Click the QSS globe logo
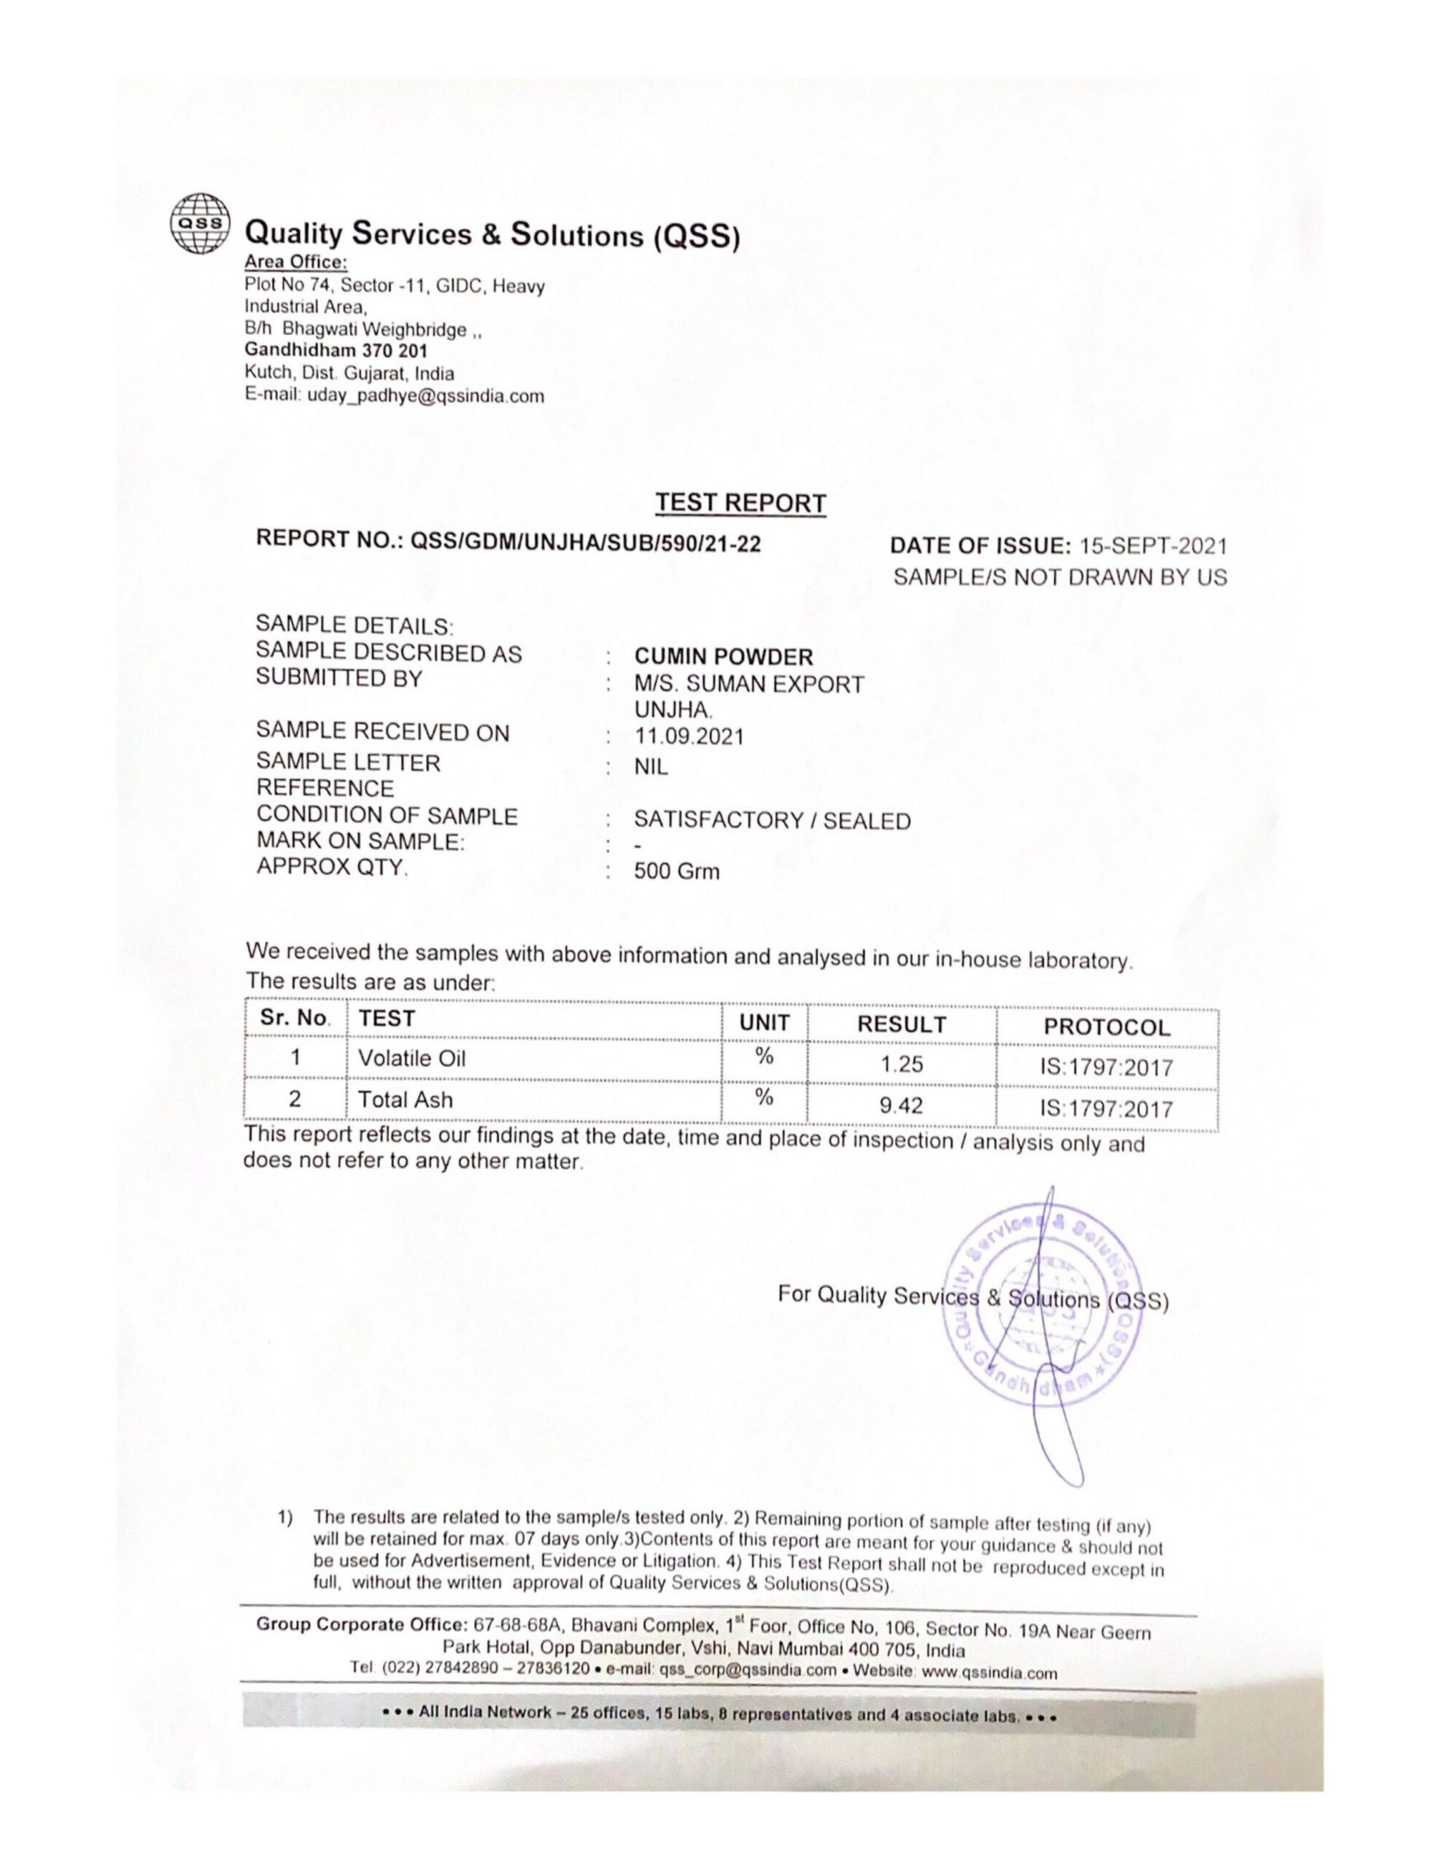199,224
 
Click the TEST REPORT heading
740,503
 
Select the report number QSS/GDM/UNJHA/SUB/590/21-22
585,541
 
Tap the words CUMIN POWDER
723,657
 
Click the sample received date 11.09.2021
689,736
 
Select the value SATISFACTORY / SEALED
772,820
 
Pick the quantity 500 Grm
676,871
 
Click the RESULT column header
902,1024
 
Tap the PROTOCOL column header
1106,1027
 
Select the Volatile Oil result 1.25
902,1065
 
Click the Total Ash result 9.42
902,1106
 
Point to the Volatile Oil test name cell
411,1058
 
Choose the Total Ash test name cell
406,1100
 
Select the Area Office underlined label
296,261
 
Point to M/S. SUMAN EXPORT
748,684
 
